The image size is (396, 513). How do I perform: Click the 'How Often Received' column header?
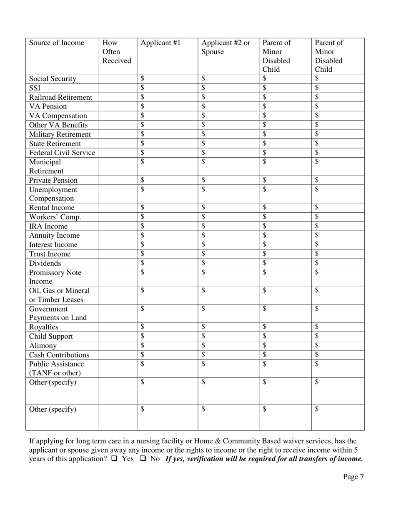pos(117,52)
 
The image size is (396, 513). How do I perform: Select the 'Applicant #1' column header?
pos(160,43)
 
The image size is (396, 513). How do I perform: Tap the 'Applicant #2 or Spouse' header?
pos(226,47)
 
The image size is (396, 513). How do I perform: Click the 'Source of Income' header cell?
pos(57,43)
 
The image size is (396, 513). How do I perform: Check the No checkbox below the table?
pos(142,459)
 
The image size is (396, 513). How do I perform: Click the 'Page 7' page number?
pos(353,477)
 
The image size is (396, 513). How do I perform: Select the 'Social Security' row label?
pos(53,79)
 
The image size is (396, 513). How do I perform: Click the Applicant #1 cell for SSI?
pos(167,88)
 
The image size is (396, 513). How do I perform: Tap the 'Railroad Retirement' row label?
pos(60,97)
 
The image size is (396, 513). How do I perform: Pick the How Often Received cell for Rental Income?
pos(118,208)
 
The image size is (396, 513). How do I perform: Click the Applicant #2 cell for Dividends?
pos(228,263)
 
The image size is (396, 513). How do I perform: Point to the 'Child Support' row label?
pos(51,336)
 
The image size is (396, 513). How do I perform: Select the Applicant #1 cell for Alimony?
pos(167,345)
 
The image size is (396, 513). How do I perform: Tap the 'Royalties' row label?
pos(44,327)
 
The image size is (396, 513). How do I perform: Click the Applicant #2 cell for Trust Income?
pos(228,254)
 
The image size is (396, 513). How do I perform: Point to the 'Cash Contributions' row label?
pos(59,355)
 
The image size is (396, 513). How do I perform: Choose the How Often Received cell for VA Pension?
pos(118,106)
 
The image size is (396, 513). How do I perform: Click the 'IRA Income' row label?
pos(48,226)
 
